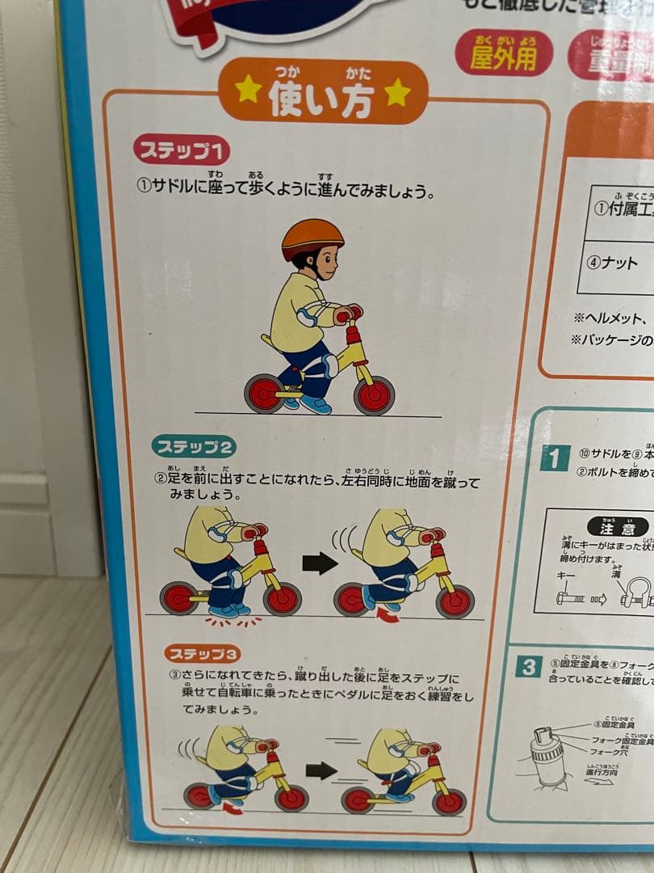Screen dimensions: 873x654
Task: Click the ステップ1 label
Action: [x=182, y=151]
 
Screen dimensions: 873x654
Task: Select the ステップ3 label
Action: [x=203, y=653]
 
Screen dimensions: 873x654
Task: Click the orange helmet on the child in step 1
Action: [x=312, y=237]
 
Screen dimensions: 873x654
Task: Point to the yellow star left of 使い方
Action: [x=249, y=91]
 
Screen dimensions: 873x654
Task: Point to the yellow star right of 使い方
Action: [x=396, y=93]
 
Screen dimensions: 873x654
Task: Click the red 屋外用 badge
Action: [x=504, y=53]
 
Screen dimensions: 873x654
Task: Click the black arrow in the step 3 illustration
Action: [x=321, y=770]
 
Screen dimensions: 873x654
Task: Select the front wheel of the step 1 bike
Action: [x=374, y=395]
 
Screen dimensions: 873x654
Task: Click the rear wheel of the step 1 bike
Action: [x=264, y=394]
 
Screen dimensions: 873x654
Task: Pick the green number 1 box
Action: [x=555, y=458]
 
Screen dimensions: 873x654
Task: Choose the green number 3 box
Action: [x=529, y=668]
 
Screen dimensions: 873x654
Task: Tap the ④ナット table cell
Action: [x=618, y=264]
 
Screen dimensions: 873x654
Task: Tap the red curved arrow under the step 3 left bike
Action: [x=233, y=808]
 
